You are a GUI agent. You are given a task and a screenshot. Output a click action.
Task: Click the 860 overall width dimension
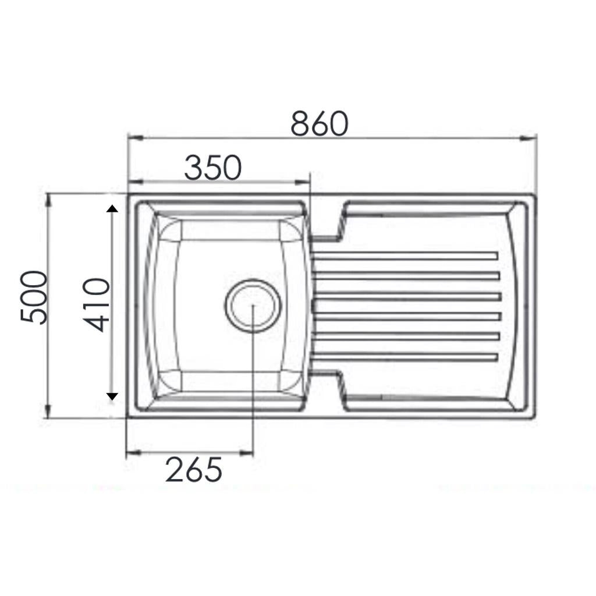click(x=320, y=123)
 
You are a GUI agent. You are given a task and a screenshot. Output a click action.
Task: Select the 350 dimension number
click(x=212, y=168)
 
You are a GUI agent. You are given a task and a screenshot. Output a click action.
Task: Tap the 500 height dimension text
click(x=34, y=297)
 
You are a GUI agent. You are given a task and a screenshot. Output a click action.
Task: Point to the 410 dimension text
click(x=96, y=305)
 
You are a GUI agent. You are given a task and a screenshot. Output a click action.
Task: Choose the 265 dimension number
click(x=193, y=470)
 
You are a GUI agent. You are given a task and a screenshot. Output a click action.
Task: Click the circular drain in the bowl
click(x=253, y=306)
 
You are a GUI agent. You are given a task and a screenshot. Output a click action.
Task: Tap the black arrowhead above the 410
click(x=112, y=208)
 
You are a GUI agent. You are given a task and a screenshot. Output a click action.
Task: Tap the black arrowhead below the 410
click(x=112, y=396)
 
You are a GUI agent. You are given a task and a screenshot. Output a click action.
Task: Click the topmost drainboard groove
click(x=405, y=256)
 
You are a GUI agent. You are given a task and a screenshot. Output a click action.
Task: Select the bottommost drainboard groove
click(x=405, y=356)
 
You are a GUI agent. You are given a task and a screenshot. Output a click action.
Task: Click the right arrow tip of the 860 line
click(x=534, y=138)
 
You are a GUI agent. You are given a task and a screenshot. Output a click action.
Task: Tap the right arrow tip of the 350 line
click(x=309, y=182)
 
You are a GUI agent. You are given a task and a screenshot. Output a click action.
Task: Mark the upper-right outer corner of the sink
click(x=534, y=196)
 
